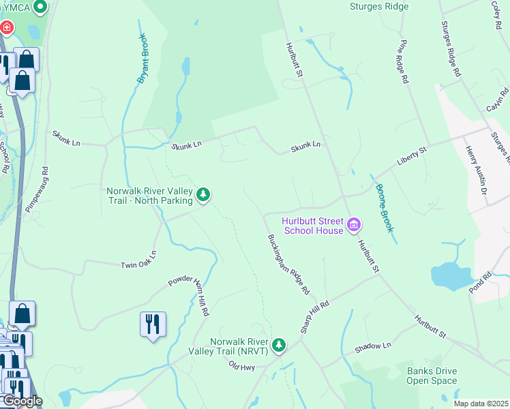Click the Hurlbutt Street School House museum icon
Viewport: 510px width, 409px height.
(354, 224)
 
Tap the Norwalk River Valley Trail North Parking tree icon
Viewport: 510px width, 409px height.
(203, 196)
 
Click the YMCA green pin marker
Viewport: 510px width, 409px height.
(40, 7)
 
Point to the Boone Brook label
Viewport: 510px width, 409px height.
(384, 209)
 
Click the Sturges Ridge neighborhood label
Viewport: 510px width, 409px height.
(378, 7)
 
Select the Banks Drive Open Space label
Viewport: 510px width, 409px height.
(432, 376)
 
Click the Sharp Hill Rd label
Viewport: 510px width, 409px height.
(315, 317)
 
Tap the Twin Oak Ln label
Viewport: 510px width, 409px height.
(138, 258)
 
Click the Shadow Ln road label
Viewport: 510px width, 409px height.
(373, 348)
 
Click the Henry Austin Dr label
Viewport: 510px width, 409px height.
(476, 175)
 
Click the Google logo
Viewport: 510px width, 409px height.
(22, 401)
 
